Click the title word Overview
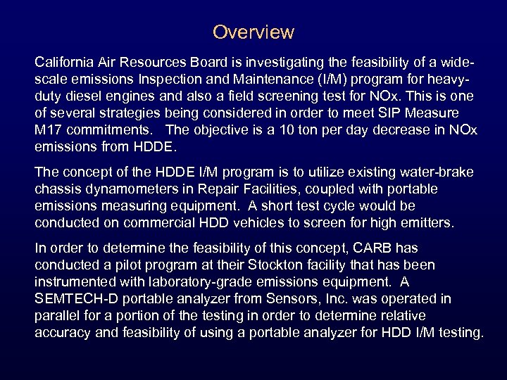[253, 32]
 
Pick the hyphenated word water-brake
[434, 172]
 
